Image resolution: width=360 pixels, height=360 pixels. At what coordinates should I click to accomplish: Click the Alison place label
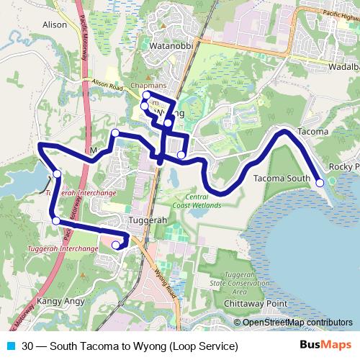(55, 24)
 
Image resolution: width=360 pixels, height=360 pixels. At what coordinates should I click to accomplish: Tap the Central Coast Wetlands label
(193, 200)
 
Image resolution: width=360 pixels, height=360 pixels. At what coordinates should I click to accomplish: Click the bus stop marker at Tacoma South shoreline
(320, 182)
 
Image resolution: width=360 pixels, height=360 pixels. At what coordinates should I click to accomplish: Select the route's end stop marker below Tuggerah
(116, 246)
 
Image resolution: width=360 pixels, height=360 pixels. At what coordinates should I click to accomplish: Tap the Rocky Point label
(343, 167)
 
